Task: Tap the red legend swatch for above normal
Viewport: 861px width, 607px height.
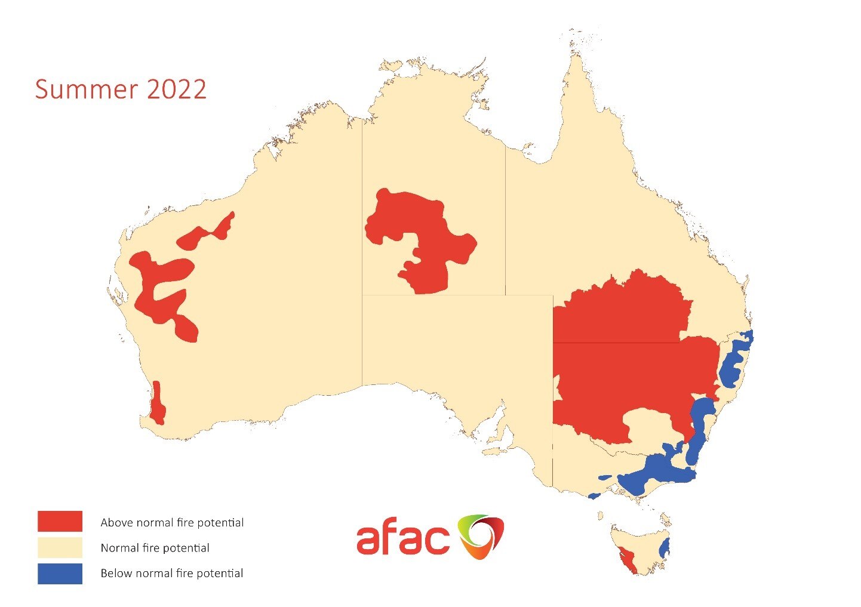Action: tap(60, 521)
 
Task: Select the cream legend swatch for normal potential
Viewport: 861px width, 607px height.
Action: tap(60, 547)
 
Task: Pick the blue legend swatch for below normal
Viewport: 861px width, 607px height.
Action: tap(60, 574)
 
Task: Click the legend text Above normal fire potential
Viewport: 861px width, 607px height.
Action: tap(172, 523)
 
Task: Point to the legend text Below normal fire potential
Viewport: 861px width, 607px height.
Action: tap(172, 574)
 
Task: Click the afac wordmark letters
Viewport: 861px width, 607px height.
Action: tap(402, 539)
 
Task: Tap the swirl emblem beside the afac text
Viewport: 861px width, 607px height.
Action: tap(480, 537)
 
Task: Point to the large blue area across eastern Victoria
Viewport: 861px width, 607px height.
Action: tap(654, 472)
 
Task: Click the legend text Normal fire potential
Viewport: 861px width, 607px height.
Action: tap(155, 548)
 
